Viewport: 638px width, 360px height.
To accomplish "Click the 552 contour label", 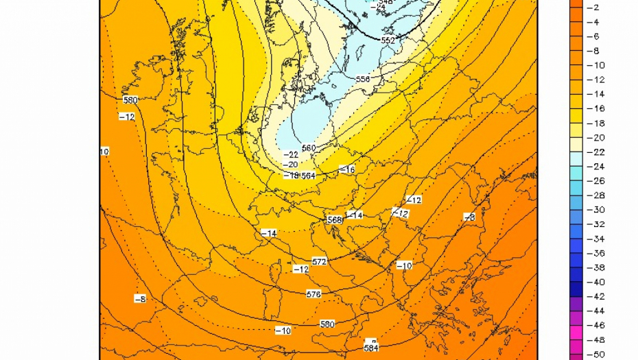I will click(x=388, y=40).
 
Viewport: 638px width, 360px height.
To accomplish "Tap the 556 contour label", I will click(x=363, y=80).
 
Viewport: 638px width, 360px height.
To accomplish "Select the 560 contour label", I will click(x=308, y=147).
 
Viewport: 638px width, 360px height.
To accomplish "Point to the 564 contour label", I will click(x=308, y=176).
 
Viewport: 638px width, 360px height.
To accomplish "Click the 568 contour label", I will click(x=334, y=220).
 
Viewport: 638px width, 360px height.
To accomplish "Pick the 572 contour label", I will click(x=319, y=262).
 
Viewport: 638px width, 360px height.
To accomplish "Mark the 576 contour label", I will click(x=314, y=294).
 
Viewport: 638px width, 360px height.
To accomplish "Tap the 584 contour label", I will click(x=371, y=347).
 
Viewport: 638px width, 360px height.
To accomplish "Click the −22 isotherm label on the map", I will click(x=291, y=155).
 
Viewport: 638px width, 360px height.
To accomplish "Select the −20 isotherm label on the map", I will click(x=291, y=165).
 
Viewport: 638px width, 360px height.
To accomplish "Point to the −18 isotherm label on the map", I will click(x=292, y=176).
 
